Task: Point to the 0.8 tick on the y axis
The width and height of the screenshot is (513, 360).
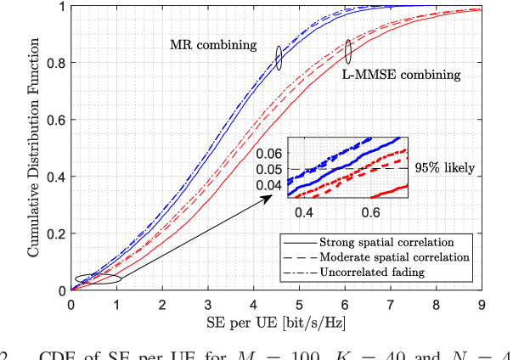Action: click(58, 63)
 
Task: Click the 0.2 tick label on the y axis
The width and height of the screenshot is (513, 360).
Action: click(58, 233)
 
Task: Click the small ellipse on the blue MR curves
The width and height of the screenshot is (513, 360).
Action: click(278, 58)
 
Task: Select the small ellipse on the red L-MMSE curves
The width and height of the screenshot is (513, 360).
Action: click(347, 51)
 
